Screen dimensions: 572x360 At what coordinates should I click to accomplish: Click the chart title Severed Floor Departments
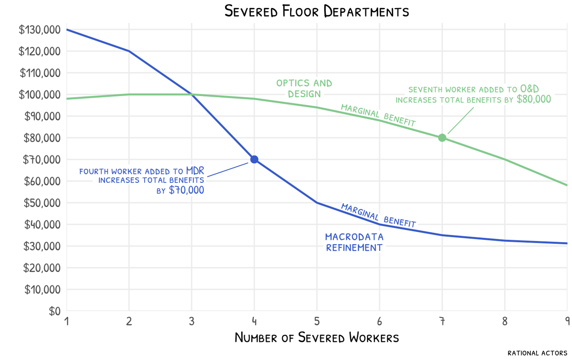316,11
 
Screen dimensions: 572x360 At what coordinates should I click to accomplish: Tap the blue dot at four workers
254,159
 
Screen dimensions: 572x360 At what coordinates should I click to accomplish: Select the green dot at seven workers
442,138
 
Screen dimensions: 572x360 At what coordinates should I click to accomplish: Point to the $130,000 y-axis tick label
39,30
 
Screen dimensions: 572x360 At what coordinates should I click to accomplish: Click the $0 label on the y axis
54,311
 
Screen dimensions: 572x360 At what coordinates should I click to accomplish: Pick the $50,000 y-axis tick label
42,203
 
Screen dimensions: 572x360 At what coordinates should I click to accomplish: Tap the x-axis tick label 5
317,322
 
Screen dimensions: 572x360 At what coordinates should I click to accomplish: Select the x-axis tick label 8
505,322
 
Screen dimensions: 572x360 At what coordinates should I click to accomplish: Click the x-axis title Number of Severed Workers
316,338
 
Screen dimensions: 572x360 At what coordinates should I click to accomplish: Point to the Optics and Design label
304,88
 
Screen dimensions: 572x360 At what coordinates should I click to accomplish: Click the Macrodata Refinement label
354,242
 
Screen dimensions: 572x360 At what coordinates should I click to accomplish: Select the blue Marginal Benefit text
378,215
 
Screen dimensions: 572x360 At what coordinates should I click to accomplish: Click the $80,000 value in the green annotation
534,99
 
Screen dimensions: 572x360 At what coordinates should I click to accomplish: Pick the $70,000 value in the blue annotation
187,190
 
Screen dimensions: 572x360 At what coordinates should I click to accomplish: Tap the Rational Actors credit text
537,353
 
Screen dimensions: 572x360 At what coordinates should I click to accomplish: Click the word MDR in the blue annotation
195,171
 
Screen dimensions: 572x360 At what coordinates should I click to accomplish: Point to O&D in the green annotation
530,89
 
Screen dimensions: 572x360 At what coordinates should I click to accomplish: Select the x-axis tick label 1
66,322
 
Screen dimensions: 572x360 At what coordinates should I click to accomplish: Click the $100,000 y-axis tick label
39,95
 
